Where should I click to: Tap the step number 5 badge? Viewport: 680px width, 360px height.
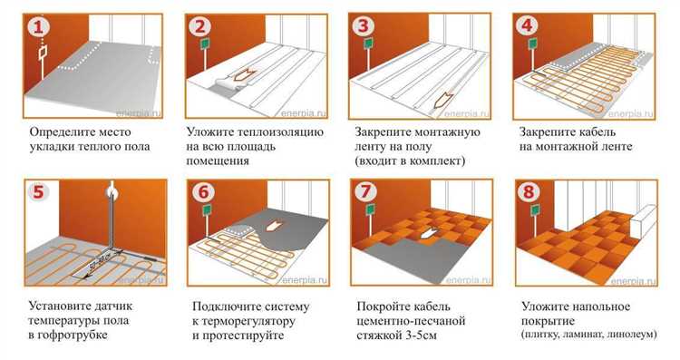pyautogui.click(x=36, y=193)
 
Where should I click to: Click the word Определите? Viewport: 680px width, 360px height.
pyautogui.click(x=63, y=131)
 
